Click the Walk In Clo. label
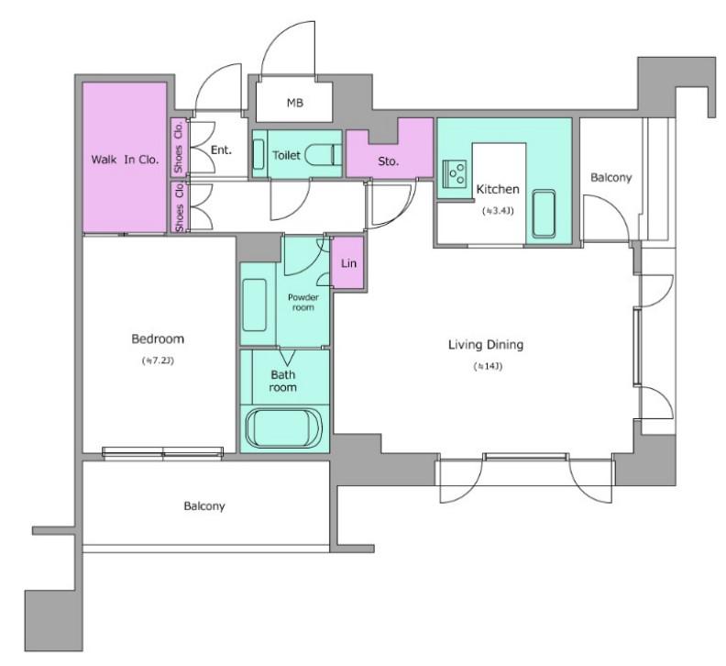(125, 160)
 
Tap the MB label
(295, 103)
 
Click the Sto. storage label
(388, 161)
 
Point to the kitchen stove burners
(455, 173)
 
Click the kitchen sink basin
(544, 213)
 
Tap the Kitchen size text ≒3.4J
(498, 211)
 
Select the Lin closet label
(348, 263)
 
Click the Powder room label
(303, 302)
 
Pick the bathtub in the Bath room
(285, 427)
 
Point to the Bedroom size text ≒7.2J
(158, 361)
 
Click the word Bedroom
(158, 339)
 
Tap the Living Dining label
(486, 344)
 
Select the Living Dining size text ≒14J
(488, 366)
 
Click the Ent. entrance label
(221, 150)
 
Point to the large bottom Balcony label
(204, 505)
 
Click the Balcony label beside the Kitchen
(611, 177)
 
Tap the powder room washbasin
(254, 305)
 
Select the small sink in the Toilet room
(258, 154)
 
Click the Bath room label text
(283, 381)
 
